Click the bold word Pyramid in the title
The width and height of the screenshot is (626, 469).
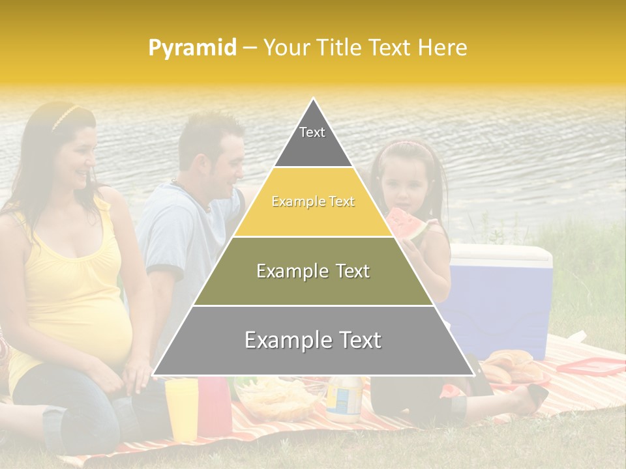[192, 48]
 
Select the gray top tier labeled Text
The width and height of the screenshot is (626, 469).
[312, 139]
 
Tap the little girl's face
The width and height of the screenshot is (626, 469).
[404, 186]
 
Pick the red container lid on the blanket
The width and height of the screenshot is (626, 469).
[591, 367]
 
